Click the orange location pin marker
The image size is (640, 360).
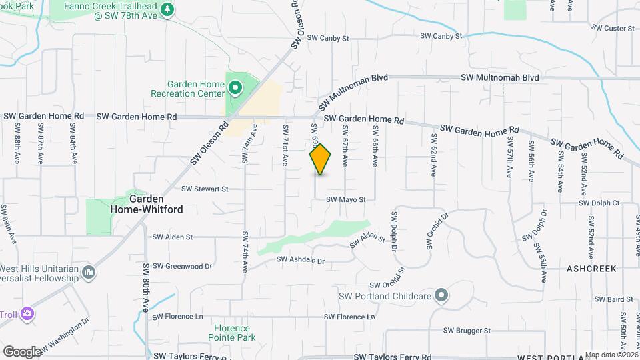(321, 159)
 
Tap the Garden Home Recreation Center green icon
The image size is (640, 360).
(235, 87)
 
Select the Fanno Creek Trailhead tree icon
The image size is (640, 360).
(167, 9)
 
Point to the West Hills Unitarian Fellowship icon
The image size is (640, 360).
(89, 272)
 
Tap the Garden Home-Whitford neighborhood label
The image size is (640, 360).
(156, 204)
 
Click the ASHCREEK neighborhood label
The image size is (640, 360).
(592, 268)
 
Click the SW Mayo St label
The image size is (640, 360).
(346, 199)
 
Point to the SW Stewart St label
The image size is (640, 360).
(205, 189)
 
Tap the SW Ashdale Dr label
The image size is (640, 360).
(300, 260)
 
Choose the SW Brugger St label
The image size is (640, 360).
(468, 330)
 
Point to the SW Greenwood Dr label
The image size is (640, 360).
(182, 265)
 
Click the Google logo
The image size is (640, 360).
(22, 351)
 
